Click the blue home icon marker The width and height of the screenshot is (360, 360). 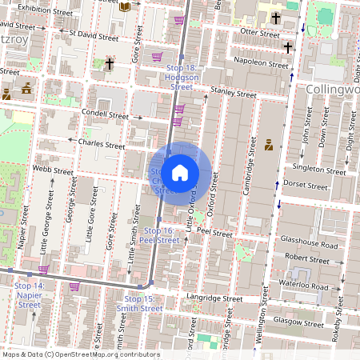[x=180, y=173]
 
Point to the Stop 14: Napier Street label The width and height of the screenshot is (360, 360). [x=29, y=294]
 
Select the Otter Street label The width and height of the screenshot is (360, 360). [x=255, y=33]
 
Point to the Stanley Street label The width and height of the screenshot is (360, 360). [x=234, y=93]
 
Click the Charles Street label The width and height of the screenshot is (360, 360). [x=102, y=145]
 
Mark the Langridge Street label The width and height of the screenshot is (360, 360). [x=214, y=298]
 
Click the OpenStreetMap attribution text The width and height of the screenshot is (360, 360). [x=80, y=354]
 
